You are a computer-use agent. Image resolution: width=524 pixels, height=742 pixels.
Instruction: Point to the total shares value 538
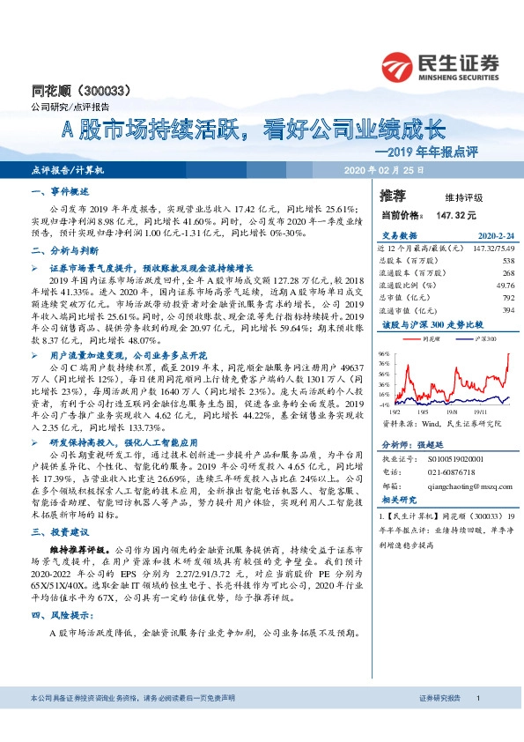click(507, 262)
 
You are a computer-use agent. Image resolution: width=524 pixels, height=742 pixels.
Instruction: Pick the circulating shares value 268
click(507, 273)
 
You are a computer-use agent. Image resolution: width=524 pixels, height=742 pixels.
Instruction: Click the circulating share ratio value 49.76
click(505, 286)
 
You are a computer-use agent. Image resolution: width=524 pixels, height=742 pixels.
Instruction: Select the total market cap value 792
click(507, 298)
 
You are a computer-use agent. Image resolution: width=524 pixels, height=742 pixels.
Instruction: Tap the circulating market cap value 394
click(507, 310)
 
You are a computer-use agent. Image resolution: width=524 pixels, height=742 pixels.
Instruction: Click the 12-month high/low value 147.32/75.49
click(492, 249)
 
